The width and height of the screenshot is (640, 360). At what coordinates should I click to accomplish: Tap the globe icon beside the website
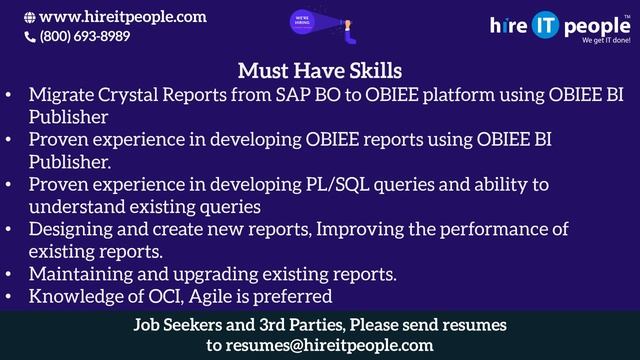pyautogui.click(x=29, y=17)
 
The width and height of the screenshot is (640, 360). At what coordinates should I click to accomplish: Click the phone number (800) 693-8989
pyautogui.click(x=84, y=36)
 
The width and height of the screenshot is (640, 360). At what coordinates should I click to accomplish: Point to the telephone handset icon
pyautogui.click(x=29, y=36)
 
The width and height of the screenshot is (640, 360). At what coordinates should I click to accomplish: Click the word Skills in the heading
pyautogui.click(x=368, y=71)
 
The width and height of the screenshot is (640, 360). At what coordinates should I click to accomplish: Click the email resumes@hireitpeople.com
pyautogui.click(x=320, y=345)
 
